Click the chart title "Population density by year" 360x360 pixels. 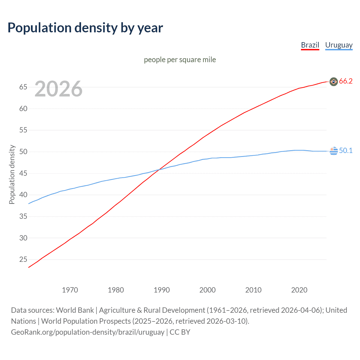(85, 28)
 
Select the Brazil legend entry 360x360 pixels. (310, 45)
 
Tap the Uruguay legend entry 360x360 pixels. (339, 45)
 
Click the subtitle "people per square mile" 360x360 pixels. (180, 60)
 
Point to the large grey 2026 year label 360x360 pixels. (58, 89)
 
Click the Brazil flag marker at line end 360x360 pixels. (334, 82)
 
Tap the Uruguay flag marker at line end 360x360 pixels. (334, 151)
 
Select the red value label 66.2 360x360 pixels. (346, 81)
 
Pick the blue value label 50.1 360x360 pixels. (346, 151)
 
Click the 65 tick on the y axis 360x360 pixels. (23, 87)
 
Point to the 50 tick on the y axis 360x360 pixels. (23, 152)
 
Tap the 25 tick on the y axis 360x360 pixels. (23, 260)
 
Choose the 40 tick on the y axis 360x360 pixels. (23, 195)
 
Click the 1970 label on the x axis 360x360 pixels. (70, 290)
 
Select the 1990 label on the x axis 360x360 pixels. (162, 290)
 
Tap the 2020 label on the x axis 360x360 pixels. (299, 290)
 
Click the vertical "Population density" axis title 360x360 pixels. (12, 174)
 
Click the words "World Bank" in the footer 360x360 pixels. (75, 310)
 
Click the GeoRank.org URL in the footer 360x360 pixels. (87, 332)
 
